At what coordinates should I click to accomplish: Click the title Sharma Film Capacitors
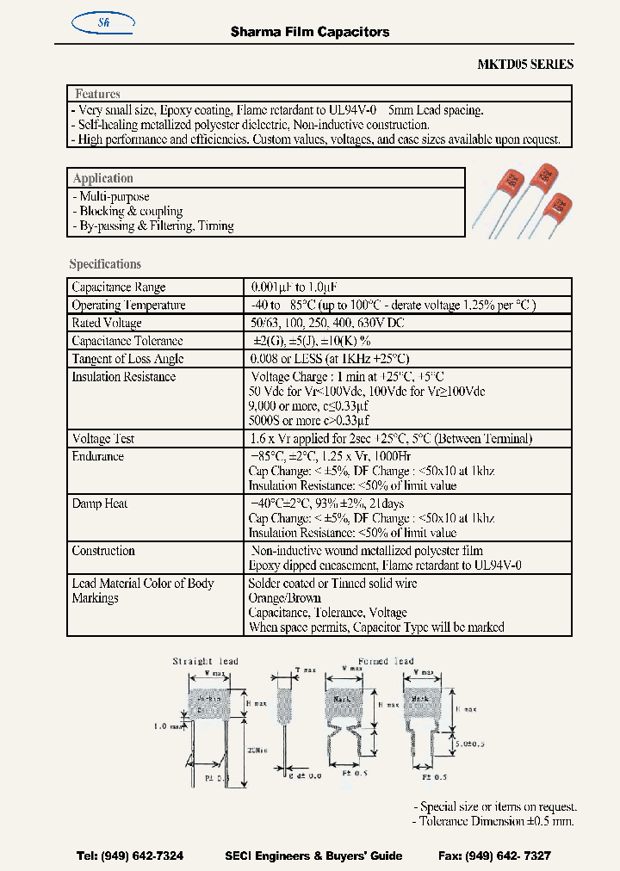pos(310,32)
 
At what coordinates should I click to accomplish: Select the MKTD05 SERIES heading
pos(525,65)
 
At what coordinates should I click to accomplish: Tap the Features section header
pos(97,94)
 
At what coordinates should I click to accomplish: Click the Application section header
pos(102,178)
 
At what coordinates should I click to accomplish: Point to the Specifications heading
pos(105,264)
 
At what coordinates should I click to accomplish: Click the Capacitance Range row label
pos(119,287)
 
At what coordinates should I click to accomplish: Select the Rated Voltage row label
pos(107,323)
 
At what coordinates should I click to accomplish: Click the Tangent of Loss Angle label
pos(127,359)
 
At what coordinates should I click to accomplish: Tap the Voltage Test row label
pos(102,438)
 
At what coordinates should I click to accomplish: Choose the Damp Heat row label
pos(99,503)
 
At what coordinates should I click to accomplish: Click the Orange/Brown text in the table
pos(284,598)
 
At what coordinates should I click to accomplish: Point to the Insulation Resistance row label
pos(123,377)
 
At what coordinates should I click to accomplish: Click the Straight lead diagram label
pos(205,661)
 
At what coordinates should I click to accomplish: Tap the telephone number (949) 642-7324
pos(130,856)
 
